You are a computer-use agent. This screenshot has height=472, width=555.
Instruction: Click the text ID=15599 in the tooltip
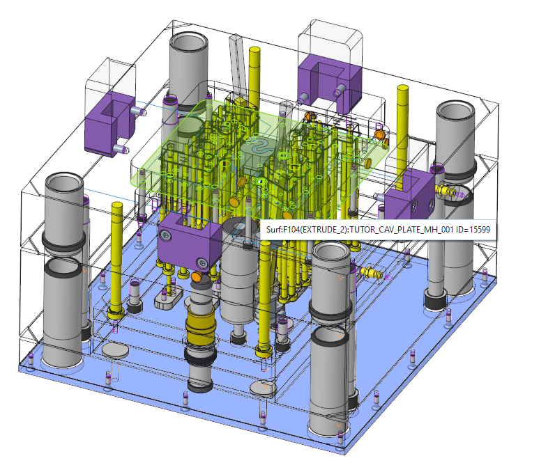pos(473,230)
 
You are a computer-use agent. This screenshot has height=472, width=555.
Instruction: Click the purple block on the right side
pos(411,194)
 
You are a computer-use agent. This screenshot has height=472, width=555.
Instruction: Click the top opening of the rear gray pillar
pos(188,41)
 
